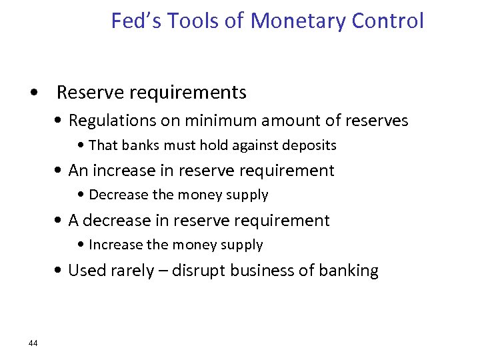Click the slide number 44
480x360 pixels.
click(x=33, y=343)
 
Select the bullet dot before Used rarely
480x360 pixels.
click(x=60, y=271)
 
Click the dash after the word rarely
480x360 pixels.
click(x=163, y=271)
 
